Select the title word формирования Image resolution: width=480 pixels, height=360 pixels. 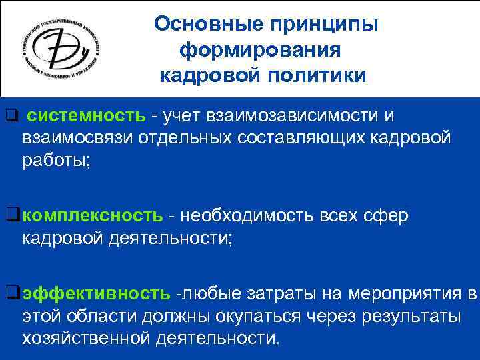pos(261,50)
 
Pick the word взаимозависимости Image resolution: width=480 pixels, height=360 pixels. pos(274,116)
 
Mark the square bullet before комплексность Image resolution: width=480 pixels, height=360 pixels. pos(11,215)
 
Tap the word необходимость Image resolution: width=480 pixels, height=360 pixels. pos(243,216)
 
